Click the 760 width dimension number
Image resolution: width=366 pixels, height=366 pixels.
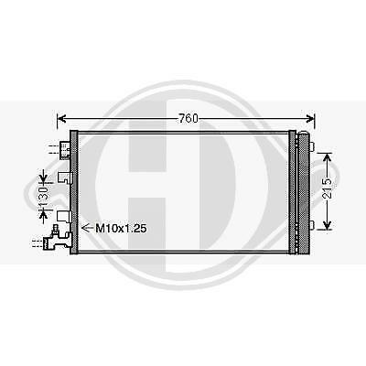[x=187, y=118]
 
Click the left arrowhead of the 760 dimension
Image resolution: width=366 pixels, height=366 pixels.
[x=62, y=118]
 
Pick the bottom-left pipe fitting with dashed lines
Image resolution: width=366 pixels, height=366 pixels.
[x=55, y=241]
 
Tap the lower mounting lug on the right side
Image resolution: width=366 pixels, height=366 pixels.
[x=311, y=226]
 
